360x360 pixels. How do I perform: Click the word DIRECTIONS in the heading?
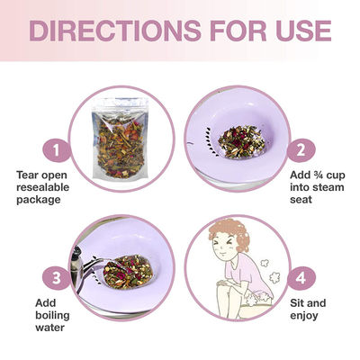click(x=115, y=31)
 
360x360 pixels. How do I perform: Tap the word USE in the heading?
click(x=303, y=31)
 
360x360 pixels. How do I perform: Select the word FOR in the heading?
click(x=238, y=31)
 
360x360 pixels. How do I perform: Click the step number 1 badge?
click(x=57, y=150)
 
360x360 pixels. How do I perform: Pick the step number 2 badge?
click(x=301, y=150)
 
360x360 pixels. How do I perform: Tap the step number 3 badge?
click(x=57, y=278)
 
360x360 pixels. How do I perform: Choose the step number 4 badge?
click(x=301, y=278)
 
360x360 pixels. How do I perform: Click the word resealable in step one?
click(x=42, y=187)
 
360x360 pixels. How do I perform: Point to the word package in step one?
click(x=39, y=200)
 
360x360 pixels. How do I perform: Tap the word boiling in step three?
click(x=52, y=316)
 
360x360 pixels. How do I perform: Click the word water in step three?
click(x=49, y=328)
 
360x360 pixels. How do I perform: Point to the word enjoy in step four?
click(x=304, y=316)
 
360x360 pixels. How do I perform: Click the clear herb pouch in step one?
click(x=121, y=139)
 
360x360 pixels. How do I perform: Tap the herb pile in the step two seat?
click(x=242, y=142)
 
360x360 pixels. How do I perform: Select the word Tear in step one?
click(x=28, y=175)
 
